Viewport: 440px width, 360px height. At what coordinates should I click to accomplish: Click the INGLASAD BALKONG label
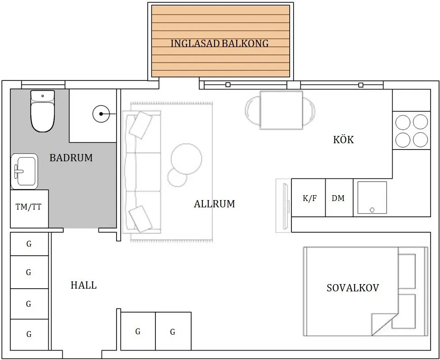coord(220,43)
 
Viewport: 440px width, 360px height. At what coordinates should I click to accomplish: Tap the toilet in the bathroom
coord(42,111)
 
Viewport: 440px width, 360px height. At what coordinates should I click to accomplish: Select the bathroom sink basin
coord(24,171)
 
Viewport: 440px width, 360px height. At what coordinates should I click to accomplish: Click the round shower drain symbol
coord(101,114)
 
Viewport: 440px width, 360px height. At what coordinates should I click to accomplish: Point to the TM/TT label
coord(28,207)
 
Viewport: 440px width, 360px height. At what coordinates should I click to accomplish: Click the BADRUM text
coord(71,158)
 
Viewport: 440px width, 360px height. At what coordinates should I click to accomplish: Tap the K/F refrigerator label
coord(310,198)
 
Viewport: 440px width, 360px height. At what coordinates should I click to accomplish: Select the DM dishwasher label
coord(338,198)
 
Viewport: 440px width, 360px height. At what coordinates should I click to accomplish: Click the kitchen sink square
coord(372,197)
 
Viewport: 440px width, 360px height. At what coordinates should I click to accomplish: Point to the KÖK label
coord(343,140)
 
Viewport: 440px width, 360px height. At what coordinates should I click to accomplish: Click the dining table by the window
coord(281,110)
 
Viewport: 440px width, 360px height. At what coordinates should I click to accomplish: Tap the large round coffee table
coord(186,159)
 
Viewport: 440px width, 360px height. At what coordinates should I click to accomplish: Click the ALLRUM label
coord(215,204)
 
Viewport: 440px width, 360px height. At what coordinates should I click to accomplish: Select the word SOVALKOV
coord(353,288)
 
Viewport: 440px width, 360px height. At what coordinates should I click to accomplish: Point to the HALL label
coord(84,285)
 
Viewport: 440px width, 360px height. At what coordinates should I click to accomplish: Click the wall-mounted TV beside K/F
coord(286,206)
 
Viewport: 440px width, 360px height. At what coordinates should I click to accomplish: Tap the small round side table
coord(178,178)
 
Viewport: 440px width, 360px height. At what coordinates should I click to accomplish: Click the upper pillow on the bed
coord(407,271)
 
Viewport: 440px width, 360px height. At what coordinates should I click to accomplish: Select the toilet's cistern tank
coord(42,96)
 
